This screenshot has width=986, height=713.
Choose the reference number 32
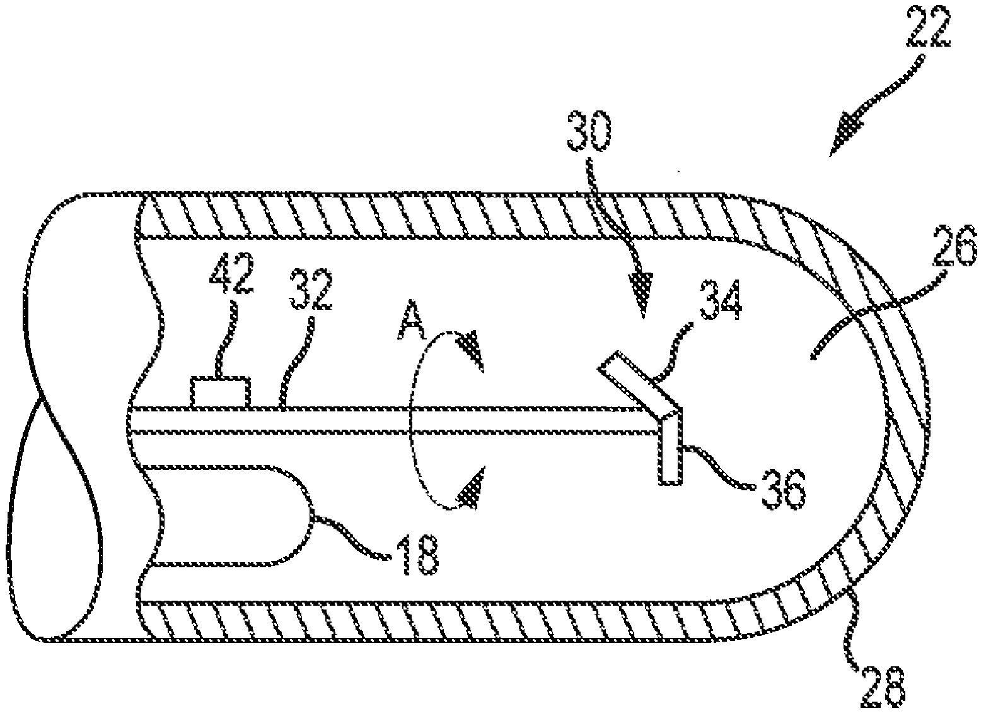(310, 290)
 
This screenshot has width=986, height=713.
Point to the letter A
(410, 329)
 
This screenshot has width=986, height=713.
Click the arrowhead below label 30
(642, 292)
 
